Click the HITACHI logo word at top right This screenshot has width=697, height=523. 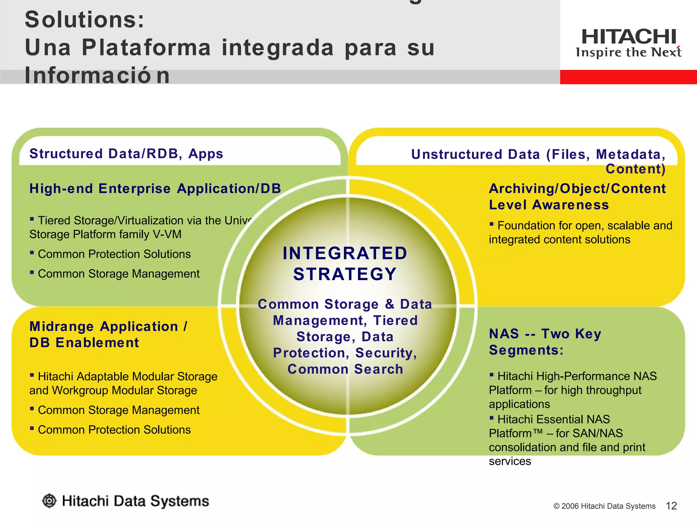(628, 37)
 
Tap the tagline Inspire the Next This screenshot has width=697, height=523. (628, 53)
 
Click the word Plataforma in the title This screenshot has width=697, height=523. (146, 47)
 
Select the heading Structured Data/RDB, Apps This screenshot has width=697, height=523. (126, 154)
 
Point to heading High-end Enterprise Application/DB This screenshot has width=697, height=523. (155, 189)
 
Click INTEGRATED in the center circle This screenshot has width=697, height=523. (345, 253)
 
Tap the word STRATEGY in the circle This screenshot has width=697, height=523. (345, 274)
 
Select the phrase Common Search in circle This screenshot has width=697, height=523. (345, 369)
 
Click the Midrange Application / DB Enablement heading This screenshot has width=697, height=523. (108, 334)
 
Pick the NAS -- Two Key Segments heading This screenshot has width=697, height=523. (545, 342)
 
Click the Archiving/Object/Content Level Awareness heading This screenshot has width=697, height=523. (577, 196)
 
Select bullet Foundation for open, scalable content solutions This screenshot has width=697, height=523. (580, 232)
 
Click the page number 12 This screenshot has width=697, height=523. (671, 506)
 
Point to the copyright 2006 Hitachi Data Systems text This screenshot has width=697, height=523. (604, 506)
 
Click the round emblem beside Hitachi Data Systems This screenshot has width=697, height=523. (49, 501)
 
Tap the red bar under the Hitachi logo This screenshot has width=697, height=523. (628, 77)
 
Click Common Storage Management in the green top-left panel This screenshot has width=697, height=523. (118, 274)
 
